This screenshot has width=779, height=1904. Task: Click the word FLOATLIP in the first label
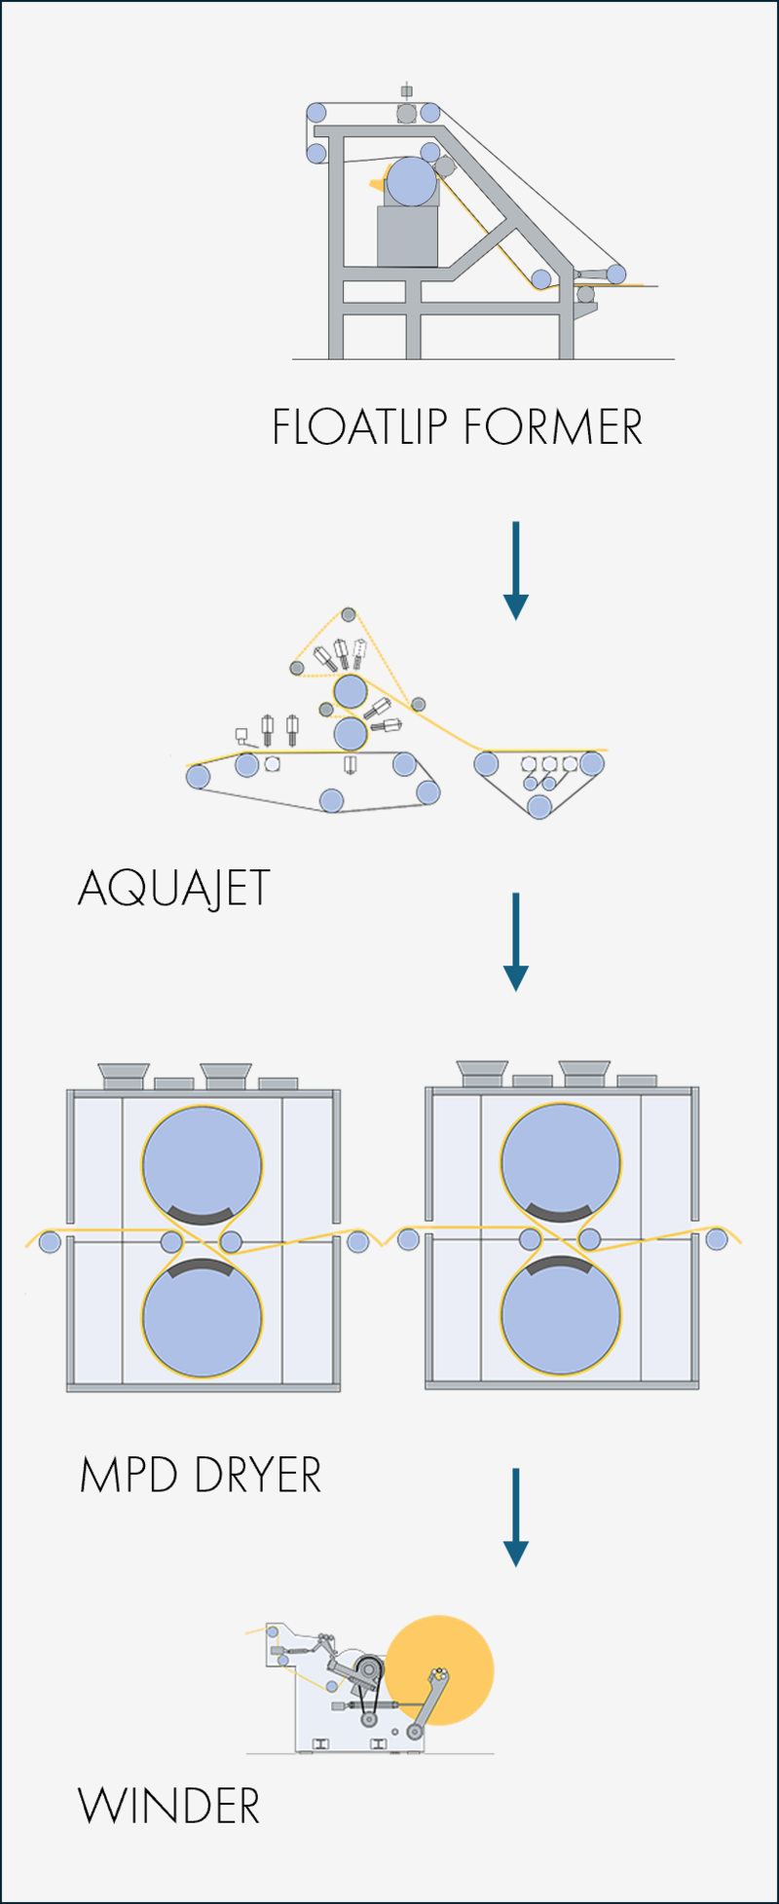coord(359,428)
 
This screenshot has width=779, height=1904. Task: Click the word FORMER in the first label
coord(552,428)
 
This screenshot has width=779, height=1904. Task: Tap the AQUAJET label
coord(173,889)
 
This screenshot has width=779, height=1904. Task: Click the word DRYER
coord(257,1476)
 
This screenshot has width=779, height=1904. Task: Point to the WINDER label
coord(168,1807)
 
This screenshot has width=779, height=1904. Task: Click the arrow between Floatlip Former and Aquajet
coord(515,570)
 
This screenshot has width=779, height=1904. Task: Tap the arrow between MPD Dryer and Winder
coord(515,1517)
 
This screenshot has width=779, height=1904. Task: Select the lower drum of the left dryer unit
coord(203,1318)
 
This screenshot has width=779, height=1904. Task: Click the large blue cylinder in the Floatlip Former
coord(411,182)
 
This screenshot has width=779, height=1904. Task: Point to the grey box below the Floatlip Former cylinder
coord(407,236)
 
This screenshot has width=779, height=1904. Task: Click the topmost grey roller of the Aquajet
coord(349,615)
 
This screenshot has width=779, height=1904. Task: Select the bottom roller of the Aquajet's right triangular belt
coord(539,806)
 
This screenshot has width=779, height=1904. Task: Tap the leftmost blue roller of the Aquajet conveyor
coord(199,776)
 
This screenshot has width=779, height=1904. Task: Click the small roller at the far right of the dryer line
coord(717,1239)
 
